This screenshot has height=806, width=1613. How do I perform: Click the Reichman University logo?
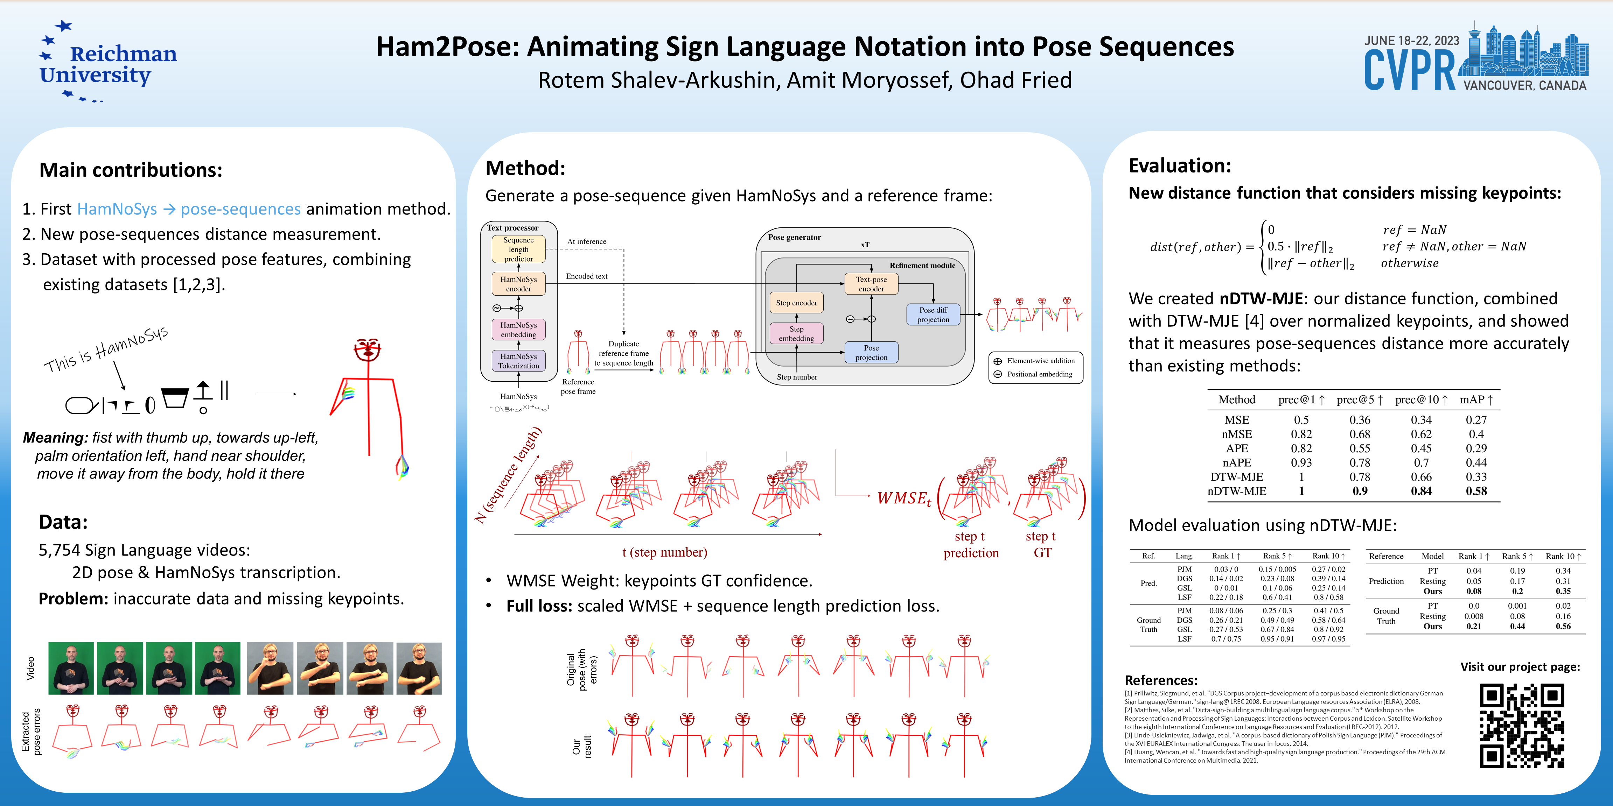[x=108, y=63]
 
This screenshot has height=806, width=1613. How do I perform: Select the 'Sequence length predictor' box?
[x=518, y=249]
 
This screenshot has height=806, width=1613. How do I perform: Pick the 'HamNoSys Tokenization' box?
[x=518, y=361]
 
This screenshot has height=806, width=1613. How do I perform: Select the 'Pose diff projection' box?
[x=933, y=315]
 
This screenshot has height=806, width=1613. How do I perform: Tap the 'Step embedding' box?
[x=796, y=333]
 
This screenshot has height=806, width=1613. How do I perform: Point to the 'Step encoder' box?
[x=796, y=303]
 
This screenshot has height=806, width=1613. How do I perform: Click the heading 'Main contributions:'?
[x=131, y=170]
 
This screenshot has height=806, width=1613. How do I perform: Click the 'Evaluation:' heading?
[x=1179, y=166]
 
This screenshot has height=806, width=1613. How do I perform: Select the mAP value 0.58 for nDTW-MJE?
[x=1476, y=491]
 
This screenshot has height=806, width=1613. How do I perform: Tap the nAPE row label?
[x=1237, y=462]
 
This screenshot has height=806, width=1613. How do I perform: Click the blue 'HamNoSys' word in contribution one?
[x=117, y=209]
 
